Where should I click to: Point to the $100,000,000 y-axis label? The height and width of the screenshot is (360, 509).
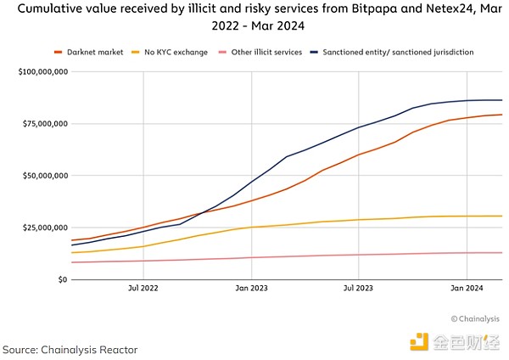click(39, 72)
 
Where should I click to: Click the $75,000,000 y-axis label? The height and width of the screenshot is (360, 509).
click(42, 124)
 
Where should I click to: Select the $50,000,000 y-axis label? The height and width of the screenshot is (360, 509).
click(42, 176)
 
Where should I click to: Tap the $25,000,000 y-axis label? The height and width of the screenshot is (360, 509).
click(42, 228)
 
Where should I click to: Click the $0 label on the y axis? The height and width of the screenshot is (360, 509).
click(62, 279)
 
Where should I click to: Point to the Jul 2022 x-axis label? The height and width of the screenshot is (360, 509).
click(143, 289)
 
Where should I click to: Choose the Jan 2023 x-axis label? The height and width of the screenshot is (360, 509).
click(252, 289)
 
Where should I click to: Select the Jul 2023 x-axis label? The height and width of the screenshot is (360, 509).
click(360, 289)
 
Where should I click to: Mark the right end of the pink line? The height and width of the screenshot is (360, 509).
click(502, 252)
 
